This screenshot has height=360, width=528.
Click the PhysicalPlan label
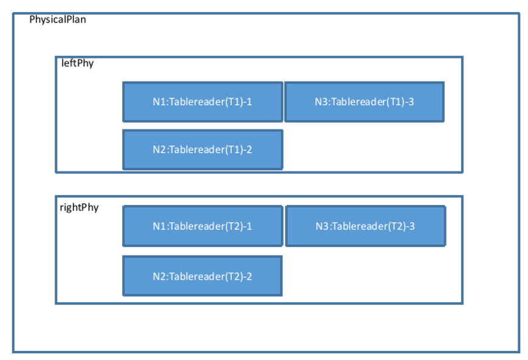(x=58, y=19)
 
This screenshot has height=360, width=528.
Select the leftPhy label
(x=77, y=63)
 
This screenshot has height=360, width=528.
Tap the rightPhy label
(x=79, y=207)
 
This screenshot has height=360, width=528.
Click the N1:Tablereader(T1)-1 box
(x=202, y=102)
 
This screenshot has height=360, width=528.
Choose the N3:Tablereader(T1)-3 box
(x=364, y=102)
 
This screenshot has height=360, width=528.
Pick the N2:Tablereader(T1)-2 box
(x=202, y=150)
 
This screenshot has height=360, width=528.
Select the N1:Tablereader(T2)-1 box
(x=202, y=226)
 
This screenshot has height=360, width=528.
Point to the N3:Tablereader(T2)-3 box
(x=365, y=226)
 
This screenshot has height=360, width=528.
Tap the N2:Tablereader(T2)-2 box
(x=202, y=276)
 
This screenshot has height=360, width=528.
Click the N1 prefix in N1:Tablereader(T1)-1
(x=158, y=102)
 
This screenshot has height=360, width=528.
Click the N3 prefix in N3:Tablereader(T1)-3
(x=320, y=102)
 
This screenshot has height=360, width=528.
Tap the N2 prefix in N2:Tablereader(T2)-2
(x=158, y=276)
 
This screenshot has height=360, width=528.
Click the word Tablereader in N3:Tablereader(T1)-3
(x=357, y=102)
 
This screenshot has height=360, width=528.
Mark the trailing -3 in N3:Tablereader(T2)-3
(x=410, y=226)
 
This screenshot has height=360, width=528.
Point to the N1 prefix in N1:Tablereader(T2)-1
(x=158, y=226)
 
